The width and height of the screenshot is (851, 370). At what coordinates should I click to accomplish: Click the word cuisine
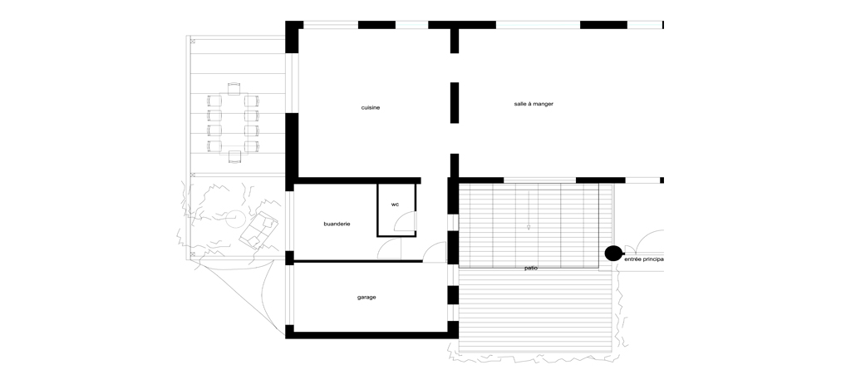(x=371, y=107)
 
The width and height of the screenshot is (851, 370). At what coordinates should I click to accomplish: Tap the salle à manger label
(x=534, y=104)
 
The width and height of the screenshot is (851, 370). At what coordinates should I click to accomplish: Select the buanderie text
(x=337, y=224)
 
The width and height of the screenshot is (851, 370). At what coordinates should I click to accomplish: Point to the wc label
(x=395, y=205)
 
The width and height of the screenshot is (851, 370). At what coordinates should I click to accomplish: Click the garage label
(x=366, y=298)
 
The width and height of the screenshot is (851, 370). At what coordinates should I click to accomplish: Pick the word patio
(x=531, y=269)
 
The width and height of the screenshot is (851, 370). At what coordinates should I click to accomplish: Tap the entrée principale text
(x=644, y=259)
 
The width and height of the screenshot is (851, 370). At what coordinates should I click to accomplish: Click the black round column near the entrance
(x=613, y=254)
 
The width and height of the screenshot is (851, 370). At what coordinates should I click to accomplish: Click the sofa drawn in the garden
(x=259, y=230)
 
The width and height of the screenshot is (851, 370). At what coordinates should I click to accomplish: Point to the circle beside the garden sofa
(x=235, y=219)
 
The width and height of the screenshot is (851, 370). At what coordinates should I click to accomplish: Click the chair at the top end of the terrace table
(x=234, y=89)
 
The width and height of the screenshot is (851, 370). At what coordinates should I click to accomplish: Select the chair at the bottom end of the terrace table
(x=234, y=157)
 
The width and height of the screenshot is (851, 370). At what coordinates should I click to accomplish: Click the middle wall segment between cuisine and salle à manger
(x=455, y=103)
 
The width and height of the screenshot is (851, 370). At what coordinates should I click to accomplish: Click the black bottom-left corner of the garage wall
(x=290, y=332)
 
